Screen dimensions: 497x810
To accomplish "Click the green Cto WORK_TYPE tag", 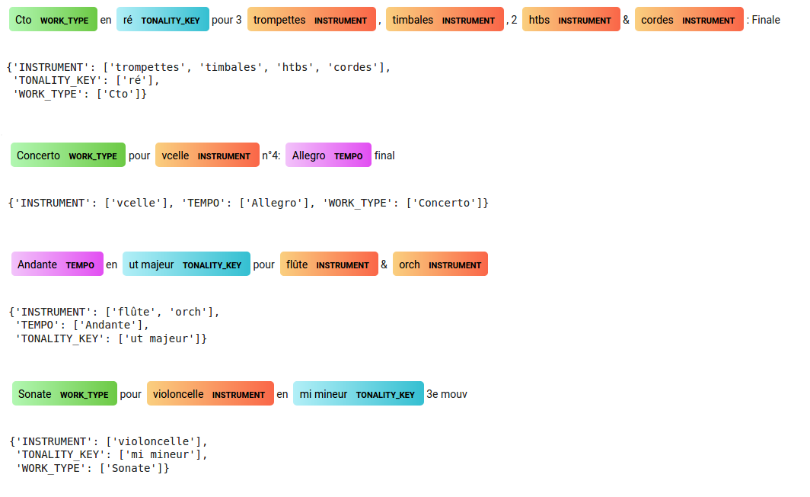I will [53, 20].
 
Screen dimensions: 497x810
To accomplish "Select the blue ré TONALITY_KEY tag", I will [162, 20].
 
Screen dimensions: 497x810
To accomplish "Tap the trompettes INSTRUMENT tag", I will [311, 20].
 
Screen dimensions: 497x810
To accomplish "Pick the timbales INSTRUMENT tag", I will [445, 20].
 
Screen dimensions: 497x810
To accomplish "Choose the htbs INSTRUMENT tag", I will [569, 20].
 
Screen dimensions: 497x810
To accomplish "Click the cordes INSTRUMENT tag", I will [689, 20].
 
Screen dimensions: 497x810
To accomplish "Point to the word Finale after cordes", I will [766, 20].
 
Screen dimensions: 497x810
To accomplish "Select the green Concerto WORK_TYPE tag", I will [68, 156].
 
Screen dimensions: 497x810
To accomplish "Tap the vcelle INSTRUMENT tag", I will [207, 156].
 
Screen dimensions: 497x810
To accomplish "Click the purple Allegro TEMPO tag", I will [328, 156].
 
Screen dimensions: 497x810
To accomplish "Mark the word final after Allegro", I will [384, 156].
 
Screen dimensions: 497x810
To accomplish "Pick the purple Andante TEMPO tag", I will [57, 265].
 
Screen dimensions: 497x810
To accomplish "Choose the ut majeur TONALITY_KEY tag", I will [186, 265].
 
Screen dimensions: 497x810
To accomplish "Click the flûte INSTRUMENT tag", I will [329, 265].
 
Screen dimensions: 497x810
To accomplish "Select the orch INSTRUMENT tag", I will [440, 265].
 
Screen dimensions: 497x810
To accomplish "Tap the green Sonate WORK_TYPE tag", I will [65, 394].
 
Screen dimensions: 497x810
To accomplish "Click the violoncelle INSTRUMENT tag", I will [210, 394].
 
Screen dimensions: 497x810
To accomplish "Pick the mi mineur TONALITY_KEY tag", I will [358, 394].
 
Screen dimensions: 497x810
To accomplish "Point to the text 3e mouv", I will [447, 394].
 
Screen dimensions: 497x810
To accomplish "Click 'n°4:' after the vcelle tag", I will [272, 156].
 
